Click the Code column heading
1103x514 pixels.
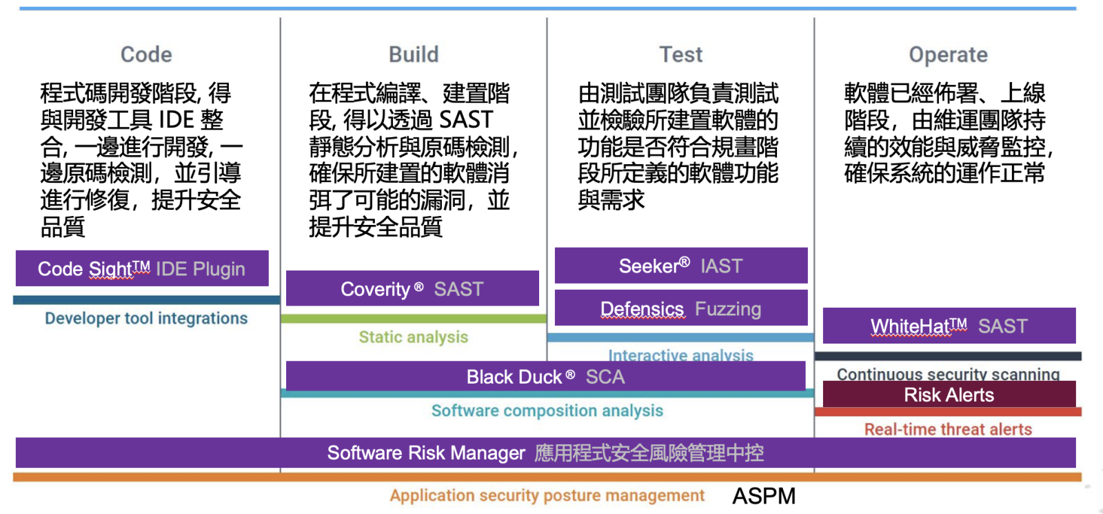(146, 55)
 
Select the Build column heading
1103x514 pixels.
(414, 55)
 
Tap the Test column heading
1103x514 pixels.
(680, 55)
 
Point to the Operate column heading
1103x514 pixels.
(948, 55)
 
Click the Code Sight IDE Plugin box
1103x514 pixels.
(142, 268)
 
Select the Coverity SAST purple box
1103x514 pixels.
(412, 288)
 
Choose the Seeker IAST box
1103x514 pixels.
(680, 266)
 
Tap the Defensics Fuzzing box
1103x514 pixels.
(680, 308)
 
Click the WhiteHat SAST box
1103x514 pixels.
(949, 326)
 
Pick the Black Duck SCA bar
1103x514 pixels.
(545, 377)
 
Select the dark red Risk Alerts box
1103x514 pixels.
(949, 395)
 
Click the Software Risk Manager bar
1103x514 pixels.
(545, 453)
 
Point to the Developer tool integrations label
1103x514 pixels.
(146, 318)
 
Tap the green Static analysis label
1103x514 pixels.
(413, 337)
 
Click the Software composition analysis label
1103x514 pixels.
(547, 411)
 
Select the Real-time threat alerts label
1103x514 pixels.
(948, 429)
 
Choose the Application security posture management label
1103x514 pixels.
(547, 495)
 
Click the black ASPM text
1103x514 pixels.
(764, 495)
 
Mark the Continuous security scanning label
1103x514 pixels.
(948, 373)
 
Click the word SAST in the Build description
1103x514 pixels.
(466, 120)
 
